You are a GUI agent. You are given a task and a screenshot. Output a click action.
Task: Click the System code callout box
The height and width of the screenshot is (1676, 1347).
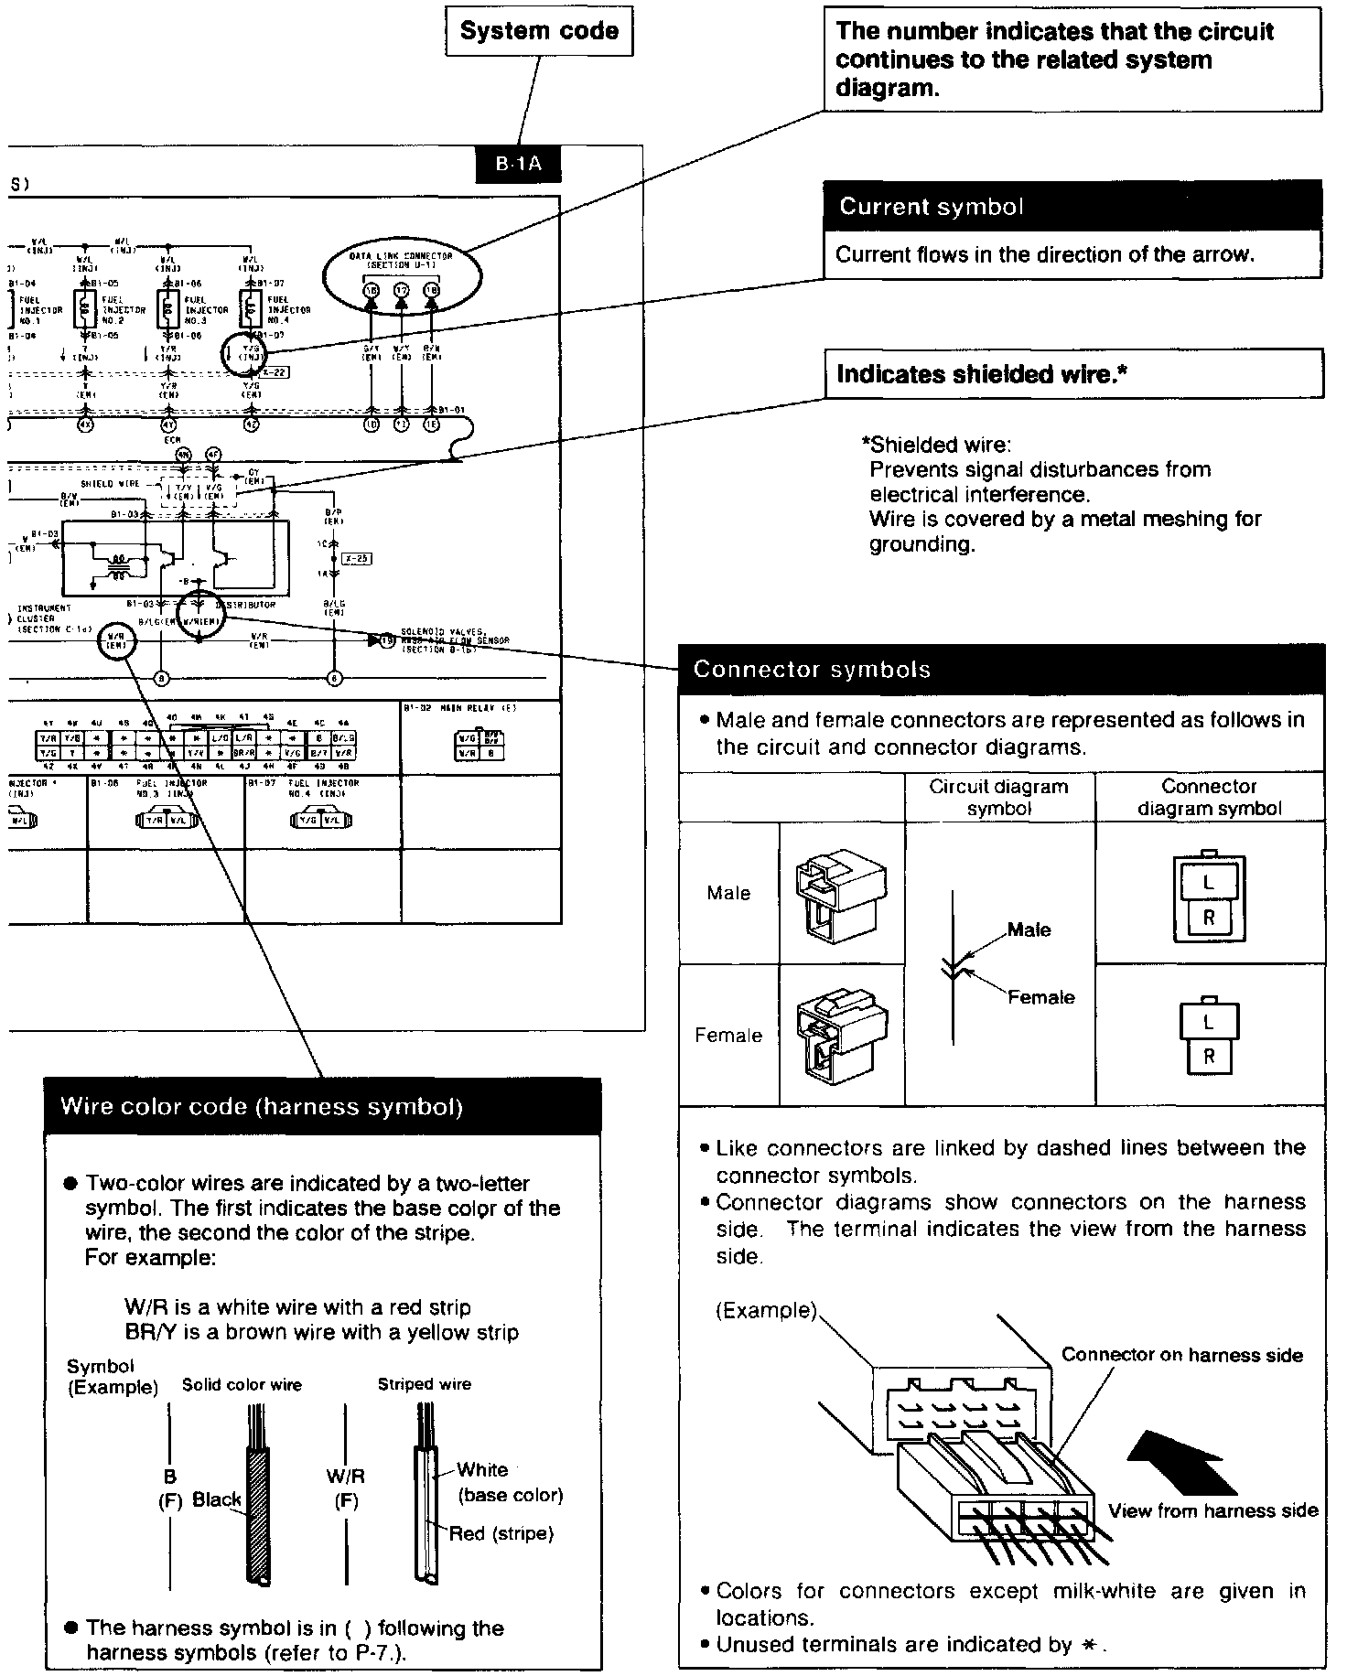tap(539, 32)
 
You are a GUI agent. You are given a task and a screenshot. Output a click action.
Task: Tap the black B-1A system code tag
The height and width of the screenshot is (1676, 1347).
tap(519, 165)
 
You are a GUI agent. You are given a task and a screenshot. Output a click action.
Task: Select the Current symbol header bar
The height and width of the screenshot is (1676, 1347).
tap(1072, 207)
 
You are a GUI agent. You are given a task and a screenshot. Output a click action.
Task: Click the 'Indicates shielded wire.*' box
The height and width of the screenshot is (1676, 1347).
tap(1073, 374)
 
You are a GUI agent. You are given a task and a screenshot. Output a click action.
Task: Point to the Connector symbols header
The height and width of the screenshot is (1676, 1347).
tap(1001, 670)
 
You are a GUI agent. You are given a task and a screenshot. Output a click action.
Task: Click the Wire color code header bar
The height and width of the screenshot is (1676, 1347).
tap(323, 1107)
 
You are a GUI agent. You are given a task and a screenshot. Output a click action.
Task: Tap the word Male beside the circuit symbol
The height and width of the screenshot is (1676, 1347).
tap(1029, 930)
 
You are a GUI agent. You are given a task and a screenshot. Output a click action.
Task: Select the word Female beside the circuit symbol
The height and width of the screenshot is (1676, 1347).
tap(1040, 997)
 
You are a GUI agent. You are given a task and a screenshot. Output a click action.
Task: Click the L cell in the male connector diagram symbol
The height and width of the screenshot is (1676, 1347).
tap(1209, 884)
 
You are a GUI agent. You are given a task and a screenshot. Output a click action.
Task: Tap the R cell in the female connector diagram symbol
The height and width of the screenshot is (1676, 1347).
tap(1208, 1056)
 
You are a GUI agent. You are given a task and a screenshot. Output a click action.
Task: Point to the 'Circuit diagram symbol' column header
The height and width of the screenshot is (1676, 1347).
tap(999, 797)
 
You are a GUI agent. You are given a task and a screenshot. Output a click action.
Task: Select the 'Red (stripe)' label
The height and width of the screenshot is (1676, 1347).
tap(501, 1533)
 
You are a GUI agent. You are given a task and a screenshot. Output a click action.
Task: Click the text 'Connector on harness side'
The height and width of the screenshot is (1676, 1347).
tap(1182, 1356)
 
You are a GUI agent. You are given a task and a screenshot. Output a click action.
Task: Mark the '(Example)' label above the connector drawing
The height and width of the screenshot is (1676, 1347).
tap(766, 1311)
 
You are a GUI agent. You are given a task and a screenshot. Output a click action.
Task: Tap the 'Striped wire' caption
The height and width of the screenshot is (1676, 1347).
tap(425, 1385)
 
